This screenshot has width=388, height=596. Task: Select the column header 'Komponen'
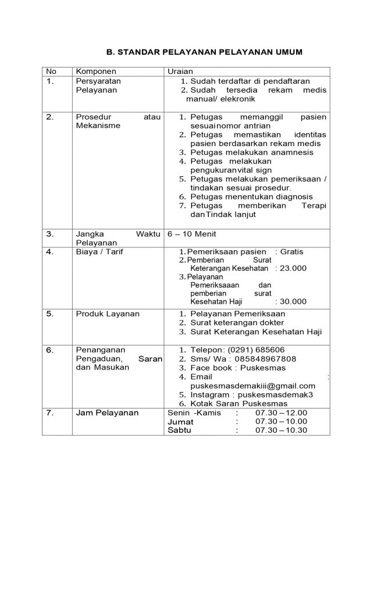click(96, 71)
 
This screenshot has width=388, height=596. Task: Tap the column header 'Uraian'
click(180, 71)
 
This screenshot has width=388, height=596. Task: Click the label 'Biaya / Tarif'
click(99, 251)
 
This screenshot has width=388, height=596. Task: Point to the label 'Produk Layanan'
click(108, 314)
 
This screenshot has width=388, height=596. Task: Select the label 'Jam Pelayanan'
click(107, 413)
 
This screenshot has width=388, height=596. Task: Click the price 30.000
click(293, 301)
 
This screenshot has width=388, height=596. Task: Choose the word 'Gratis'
click(291, 251)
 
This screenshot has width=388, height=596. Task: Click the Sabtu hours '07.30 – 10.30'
click(281, 430)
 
